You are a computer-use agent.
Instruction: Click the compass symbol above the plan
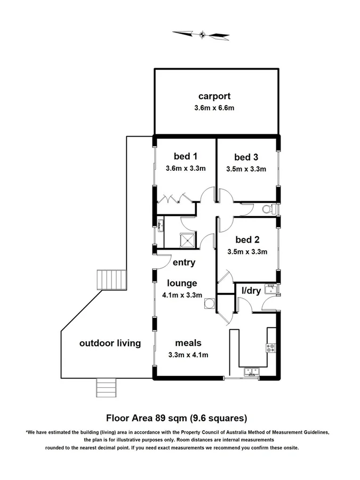(x=201, y=35)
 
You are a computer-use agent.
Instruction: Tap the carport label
(x=214, y=97)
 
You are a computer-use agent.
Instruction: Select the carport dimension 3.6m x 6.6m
(x=214, y=108)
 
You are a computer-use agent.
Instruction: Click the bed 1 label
(x=186, y=156)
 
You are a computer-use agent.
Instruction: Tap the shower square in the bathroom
(x=187, y=241)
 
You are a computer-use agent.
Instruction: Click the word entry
(x=183, y=262)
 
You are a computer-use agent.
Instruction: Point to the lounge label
(x=181, y=283)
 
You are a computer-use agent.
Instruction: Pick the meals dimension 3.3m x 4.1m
(x=188, y=355)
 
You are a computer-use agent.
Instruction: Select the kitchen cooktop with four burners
(x=270, y=348)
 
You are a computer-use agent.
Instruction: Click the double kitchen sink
(x=250, y=371)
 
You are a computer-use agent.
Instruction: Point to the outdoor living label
(x=110, y=343)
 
